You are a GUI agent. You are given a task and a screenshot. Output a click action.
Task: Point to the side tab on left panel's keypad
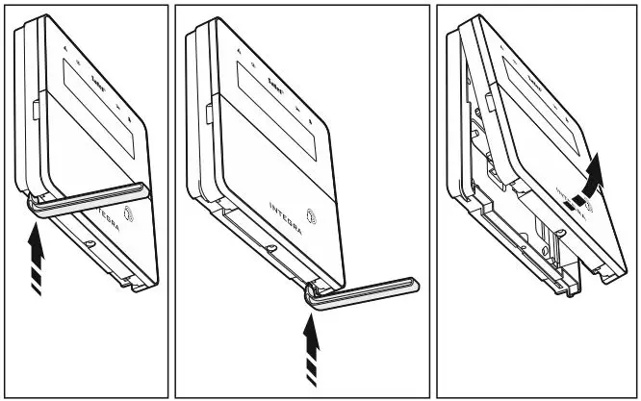click(x=34, y=106)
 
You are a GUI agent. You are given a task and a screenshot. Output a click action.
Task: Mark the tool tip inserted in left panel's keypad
click(x=35, y=202)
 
